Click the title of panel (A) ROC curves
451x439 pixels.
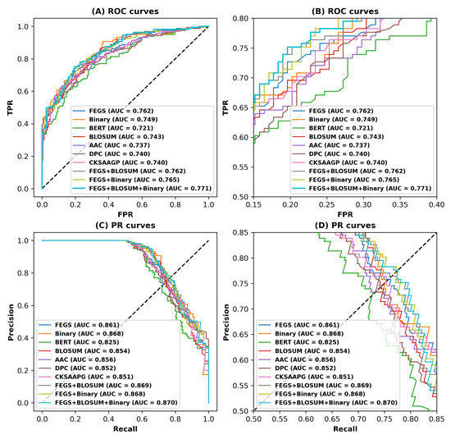tap(125, 10)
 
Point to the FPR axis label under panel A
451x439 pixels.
tap(125, 215)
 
